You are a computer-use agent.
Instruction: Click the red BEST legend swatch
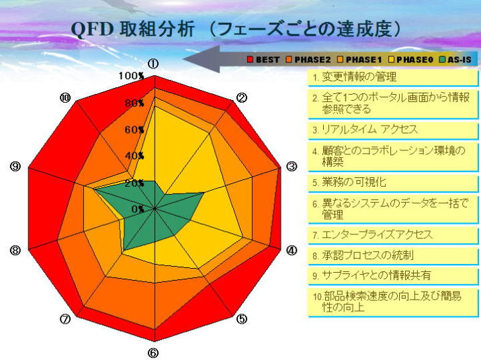(250, 59)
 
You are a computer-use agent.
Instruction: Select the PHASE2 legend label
(312, 60)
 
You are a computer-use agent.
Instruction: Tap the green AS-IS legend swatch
(442, 59)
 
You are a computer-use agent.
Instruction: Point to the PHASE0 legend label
(414, 60)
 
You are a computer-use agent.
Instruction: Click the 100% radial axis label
(131, 76)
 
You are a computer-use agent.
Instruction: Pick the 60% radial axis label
(134, 130)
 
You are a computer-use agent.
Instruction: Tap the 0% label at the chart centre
(138, 209)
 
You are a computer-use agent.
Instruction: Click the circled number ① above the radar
(153, 64)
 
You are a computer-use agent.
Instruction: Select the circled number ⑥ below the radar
(153, 353)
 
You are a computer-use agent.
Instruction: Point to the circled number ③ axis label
(292, 167)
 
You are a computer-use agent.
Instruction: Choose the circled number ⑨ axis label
(15, 167)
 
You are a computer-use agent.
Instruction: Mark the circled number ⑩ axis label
(64, 98)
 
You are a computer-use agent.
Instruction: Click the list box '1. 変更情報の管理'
(393, 78)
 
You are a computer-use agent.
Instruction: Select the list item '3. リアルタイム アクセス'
(393, 130)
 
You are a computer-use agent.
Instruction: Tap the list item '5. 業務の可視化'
(393, 183)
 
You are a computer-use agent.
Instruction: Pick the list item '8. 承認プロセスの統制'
(393, 256)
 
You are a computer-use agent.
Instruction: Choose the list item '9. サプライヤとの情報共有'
(393, 275)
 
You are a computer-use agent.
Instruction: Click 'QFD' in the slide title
(92, 30)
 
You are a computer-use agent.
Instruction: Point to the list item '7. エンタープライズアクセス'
(393, 235)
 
